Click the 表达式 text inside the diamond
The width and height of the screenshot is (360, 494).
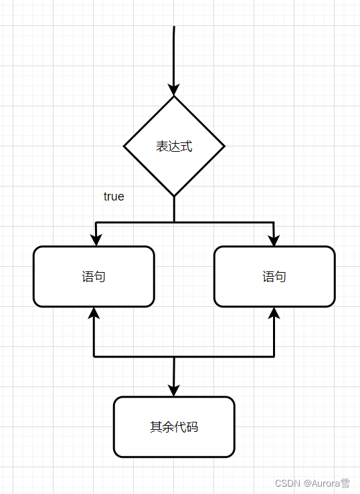pos(174,146)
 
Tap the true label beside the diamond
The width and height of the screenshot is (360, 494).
pos(114,197)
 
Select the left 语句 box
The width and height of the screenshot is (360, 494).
pos(94,276)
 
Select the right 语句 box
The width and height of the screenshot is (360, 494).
pos(274,276)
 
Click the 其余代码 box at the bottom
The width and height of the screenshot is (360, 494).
pos(174,427)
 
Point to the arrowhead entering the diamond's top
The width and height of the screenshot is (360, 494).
pos(174,90)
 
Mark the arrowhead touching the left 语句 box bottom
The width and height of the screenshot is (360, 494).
pos(94,313)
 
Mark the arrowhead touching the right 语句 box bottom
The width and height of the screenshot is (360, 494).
pos(274,313)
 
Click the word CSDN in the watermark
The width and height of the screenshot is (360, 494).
pos(286,483)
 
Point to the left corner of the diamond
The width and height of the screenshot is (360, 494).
pos(125,146)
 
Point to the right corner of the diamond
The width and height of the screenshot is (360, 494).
pos(223,146)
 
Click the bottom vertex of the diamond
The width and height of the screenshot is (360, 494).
pos(174,196)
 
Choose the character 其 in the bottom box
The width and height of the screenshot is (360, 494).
pos(156,427)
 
